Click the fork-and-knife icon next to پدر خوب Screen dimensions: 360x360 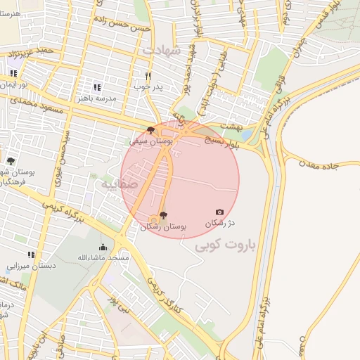click(148, 76)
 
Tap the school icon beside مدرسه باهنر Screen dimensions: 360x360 click(97, 88)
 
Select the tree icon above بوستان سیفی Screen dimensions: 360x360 click(150, 130)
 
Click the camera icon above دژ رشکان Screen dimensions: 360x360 click(219, 212)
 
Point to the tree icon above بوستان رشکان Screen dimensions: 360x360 click(163, 215)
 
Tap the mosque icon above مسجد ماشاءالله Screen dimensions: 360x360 click(103, 247)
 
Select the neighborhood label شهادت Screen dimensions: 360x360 click(162, 51)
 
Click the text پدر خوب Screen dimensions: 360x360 click(148, 86)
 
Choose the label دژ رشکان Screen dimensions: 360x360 click(219, 223)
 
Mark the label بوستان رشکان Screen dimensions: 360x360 click(163, 226)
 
